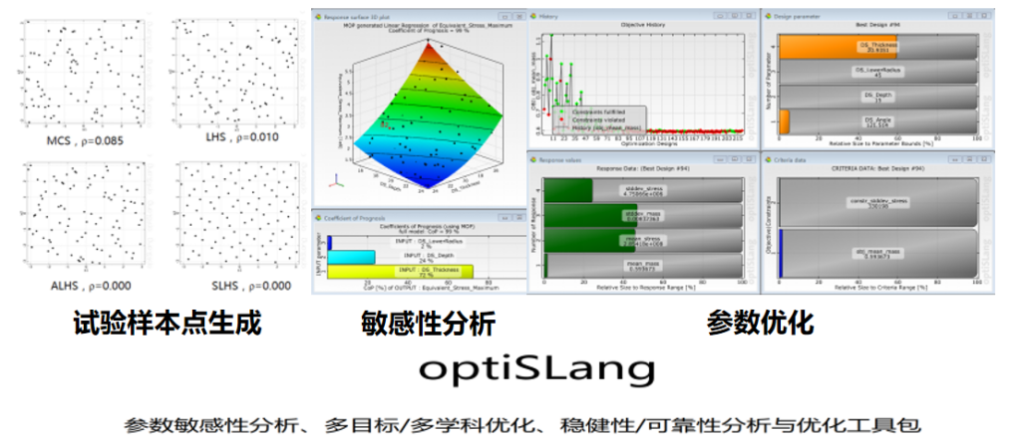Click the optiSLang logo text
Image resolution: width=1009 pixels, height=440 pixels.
pyautogui.click(x=538, y=369)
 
